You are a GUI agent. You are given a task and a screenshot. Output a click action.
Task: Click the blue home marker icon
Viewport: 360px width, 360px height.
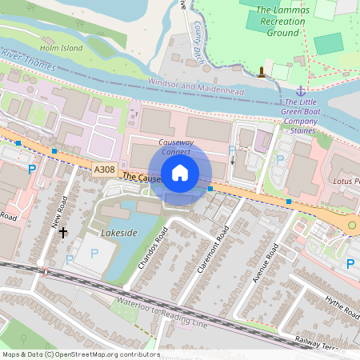click(180, 172)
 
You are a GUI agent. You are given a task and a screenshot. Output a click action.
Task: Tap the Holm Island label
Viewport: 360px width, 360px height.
click(62, 48)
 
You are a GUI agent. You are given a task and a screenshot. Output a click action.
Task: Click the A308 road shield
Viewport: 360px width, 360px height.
click(104, 170)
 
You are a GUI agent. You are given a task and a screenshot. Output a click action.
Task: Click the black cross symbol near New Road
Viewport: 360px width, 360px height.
click(63, 232)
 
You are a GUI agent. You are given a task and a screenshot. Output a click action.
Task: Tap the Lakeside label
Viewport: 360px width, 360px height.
click(119, 232)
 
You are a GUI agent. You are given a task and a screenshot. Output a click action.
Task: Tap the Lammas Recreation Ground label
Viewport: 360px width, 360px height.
click(278, 22)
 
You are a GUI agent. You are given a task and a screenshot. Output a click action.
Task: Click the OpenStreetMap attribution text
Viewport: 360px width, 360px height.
click(81, 354)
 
